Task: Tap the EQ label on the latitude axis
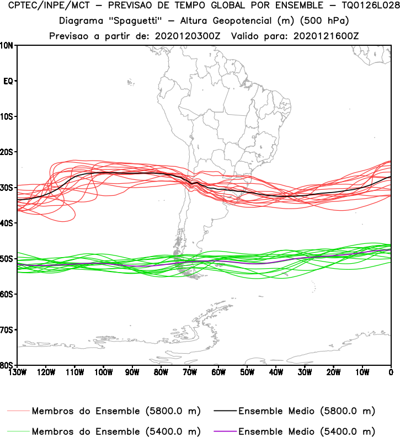[x=8, y=81]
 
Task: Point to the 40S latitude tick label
[x=7, y=223]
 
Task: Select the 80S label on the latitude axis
[x=7, y=365]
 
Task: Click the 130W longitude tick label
[x=17, y=372]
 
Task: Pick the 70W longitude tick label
[x=190, y=372]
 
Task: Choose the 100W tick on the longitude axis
[x=103, y=372]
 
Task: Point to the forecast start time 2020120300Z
[x=189, y=36]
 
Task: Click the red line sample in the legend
[x=18, y=412]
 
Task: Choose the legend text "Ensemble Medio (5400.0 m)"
[x=307, y=431]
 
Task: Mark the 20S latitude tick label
[x=7, y=152]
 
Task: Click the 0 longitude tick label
[x=391, y=372]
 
